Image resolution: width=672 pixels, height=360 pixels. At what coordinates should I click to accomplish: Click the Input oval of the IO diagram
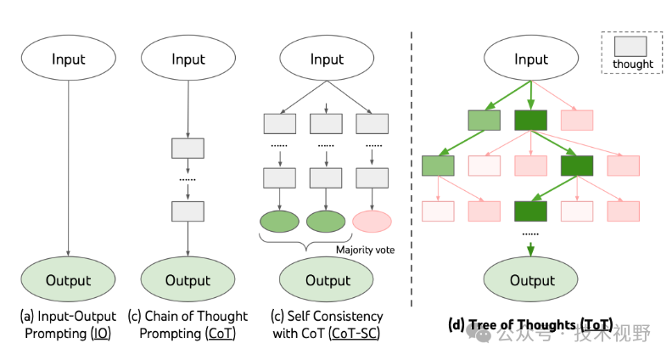(68, 59)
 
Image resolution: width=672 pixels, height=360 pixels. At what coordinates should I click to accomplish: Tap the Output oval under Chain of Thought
(188, 279)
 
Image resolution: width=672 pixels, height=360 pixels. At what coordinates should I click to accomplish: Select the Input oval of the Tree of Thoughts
(531, 59)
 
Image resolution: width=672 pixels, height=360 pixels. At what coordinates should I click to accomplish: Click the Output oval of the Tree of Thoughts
(531, 279)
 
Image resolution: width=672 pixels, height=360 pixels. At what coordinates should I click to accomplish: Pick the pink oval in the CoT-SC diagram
(372, 222)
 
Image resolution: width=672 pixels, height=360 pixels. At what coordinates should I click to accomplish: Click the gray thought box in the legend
(633, 46)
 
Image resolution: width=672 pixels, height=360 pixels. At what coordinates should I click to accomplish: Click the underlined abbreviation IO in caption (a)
(99, 333)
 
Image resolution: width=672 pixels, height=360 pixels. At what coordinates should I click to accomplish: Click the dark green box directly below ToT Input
(530, 121)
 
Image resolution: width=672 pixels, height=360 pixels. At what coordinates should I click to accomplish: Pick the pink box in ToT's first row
(577, 121)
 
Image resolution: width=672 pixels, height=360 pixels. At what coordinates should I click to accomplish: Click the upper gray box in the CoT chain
(188, 148)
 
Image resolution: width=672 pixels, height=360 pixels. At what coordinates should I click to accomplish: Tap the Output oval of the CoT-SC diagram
(328, 279)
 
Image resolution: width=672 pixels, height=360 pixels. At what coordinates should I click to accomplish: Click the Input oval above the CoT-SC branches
(328, 59)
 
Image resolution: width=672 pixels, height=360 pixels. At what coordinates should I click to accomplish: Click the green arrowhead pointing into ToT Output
(531, 250)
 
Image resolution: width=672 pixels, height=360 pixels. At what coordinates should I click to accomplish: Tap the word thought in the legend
(633, 64)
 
